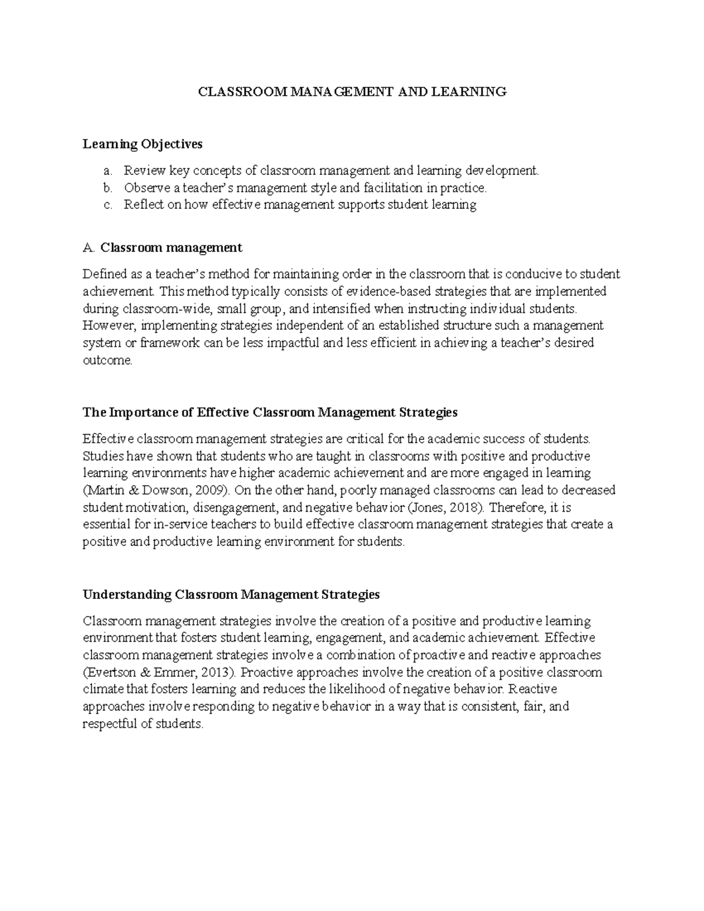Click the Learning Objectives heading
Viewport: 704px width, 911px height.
[x=143, y=144]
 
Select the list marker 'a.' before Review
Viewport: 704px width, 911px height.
[x=107, y=171]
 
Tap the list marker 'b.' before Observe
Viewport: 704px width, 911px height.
[x=107, y=188]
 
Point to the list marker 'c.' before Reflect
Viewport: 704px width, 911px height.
[x=107, y=205]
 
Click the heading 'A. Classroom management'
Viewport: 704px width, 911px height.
[x=163, y=248]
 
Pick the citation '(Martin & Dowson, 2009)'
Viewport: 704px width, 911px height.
[x=154, y=490]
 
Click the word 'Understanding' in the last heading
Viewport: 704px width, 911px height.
[x=127, y=594]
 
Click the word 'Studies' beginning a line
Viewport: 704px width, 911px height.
[x=101, y=456]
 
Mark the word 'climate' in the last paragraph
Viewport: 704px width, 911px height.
[x=103, y=689]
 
